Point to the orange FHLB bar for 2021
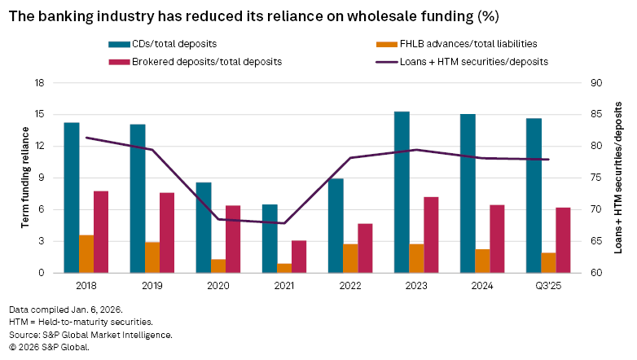pos(284,268)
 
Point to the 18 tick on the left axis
pos(38,83)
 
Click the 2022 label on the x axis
pos(350,285)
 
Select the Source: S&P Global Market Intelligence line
pos(90,335)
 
